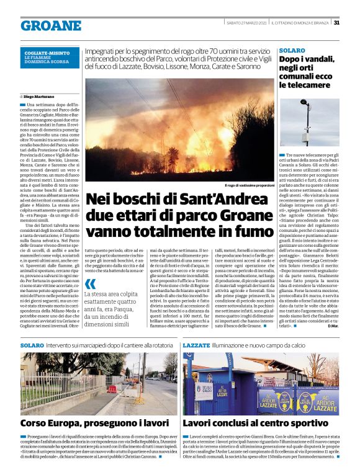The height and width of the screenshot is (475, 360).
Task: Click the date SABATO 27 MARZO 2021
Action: point(246,23)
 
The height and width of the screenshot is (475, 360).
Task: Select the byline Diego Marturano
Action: point(39,97)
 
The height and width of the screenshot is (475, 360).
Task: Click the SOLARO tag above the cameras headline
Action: point(292,49)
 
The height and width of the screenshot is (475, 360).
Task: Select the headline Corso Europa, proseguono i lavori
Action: point(94,422)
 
